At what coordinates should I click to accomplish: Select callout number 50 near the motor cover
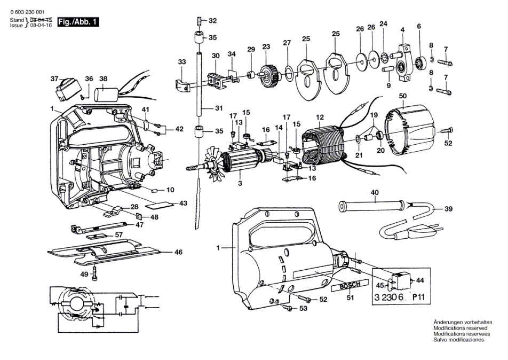[403, 96]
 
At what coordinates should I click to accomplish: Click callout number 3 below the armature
[240, 183]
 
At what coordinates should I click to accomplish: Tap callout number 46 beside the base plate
[178, 252]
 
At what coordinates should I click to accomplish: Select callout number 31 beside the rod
[217, 108]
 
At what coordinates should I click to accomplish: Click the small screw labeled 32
[198, 21]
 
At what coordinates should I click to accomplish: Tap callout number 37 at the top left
[54, 79]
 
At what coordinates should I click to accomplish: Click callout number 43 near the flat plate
[184, 204]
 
